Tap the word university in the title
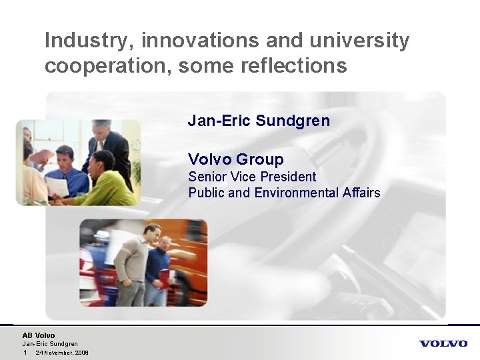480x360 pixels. tap(357, 41)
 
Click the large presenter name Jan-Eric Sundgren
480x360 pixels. tap(259, 121)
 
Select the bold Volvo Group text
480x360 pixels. tap(235, 159)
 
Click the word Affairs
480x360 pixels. tap(362, 193)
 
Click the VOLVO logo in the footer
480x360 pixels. tap(443, 343)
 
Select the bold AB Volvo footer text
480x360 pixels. tap(39, 335)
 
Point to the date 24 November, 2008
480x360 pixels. tap(62, 353)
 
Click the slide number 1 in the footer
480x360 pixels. tap(25, 353)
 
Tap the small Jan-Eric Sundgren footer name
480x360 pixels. tap(50, 344)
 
